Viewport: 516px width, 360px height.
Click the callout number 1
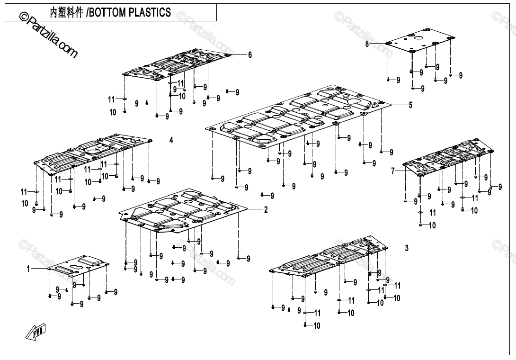(x=28, y=269)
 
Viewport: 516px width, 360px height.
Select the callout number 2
(x=266, y=210)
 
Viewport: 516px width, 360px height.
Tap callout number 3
(x=406, y=248)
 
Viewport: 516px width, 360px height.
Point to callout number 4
(x=171, y=140)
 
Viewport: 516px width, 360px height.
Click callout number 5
(x=410, y=105)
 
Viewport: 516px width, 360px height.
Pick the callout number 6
(x=250, y=55)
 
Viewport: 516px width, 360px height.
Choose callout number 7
(x=392, y=171)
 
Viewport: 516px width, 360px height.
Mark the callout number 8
(x=367, y=44)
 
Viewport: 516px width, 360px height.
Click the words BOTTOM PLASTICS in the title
(x=129, y=12)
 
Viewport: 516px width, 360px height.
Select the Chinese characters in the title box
(x=66, y=12)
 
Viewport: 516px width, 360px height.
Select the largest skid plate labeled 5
(x=298, y=118)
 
